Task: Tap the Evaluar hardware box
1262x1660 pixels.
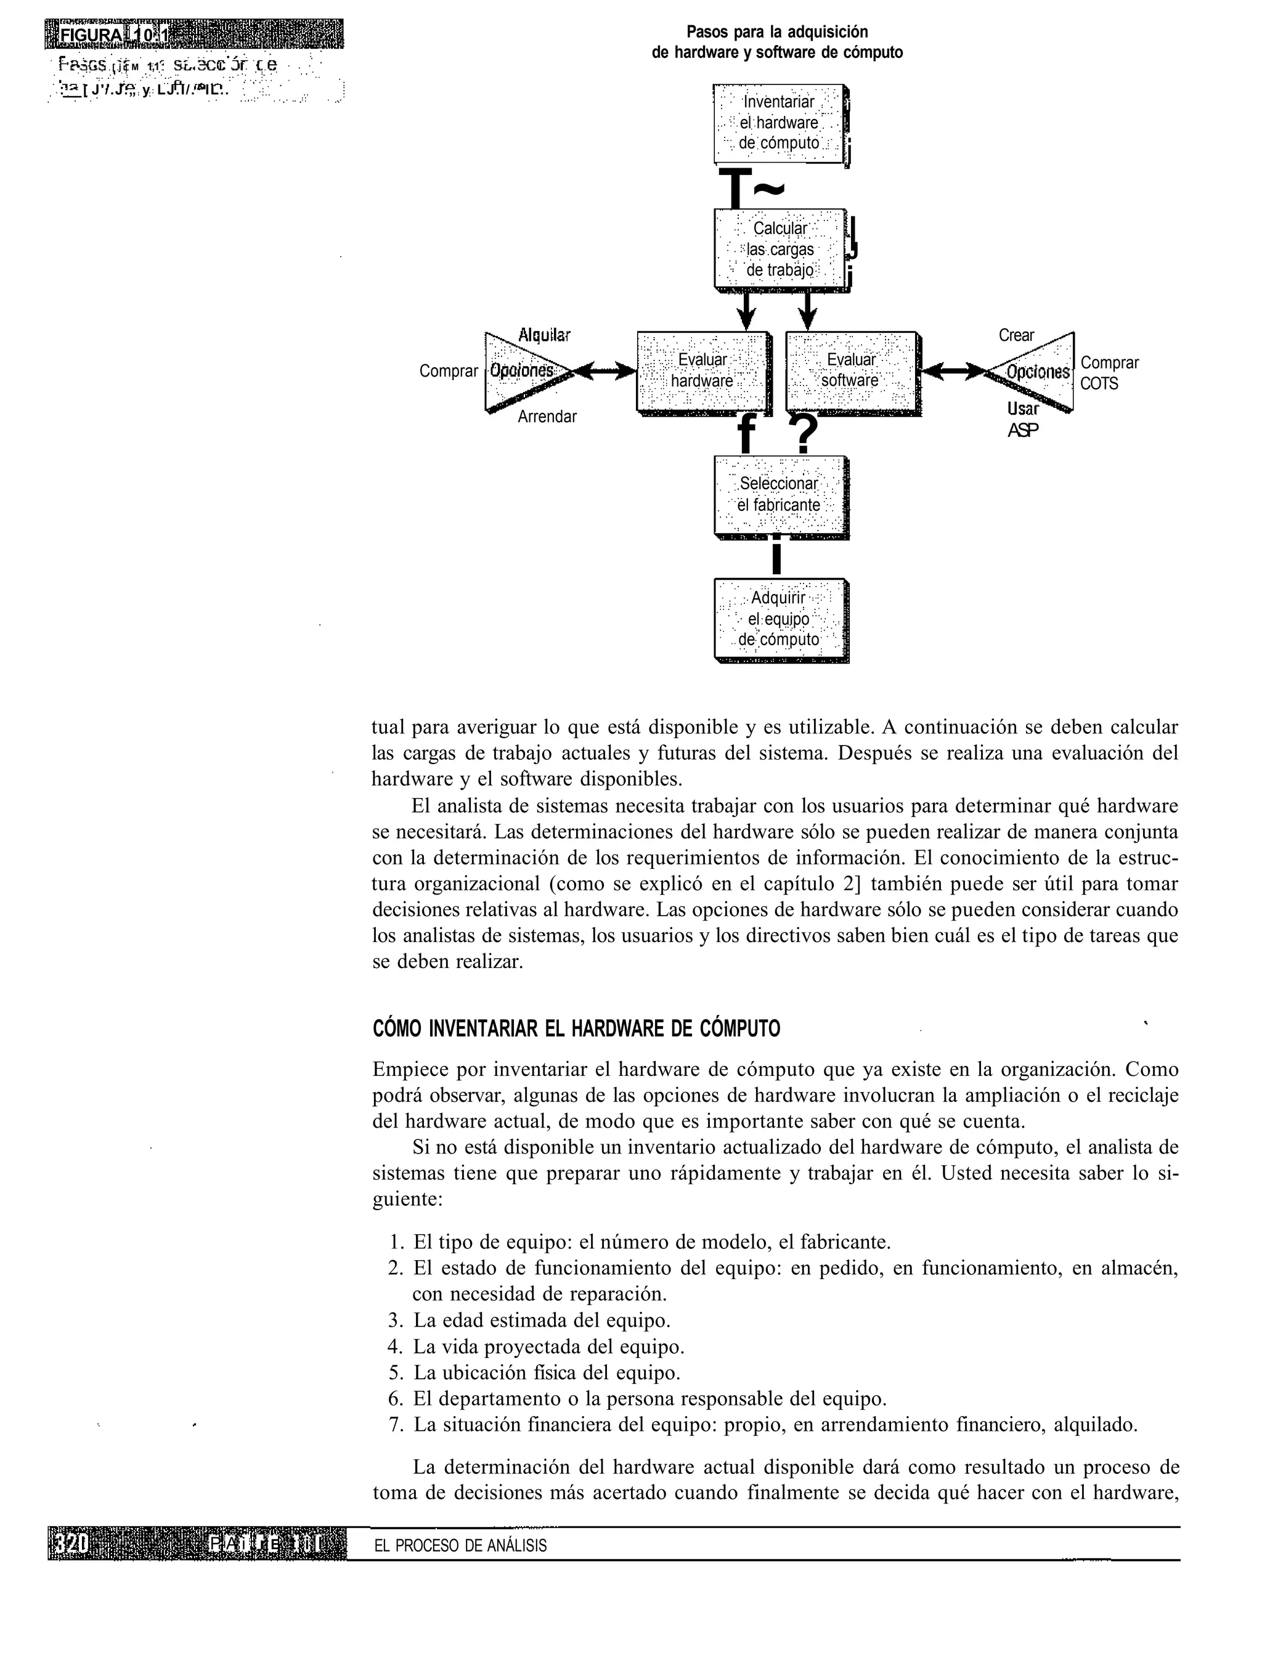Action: point(702,371)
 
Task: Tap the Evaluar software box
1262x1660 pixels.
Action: point(850,371)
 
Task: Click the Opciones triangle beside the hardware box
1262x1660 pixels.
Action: point(521,371)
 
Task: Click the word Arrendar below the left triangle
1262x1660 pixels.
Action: point(547,417)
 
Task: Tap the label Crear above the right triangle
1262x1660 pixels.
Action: point(1016,336)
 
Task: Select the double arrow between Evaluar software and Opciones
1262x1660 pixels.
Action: point(953,371)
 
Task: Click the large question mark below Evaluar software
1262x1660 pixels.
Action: point(805,434)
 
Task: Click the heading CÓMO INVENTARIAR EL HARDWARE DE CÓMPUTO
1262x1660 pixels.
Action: point(576,1028)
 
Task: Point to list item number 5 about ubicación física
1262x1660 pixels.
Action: point(546,1373)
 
